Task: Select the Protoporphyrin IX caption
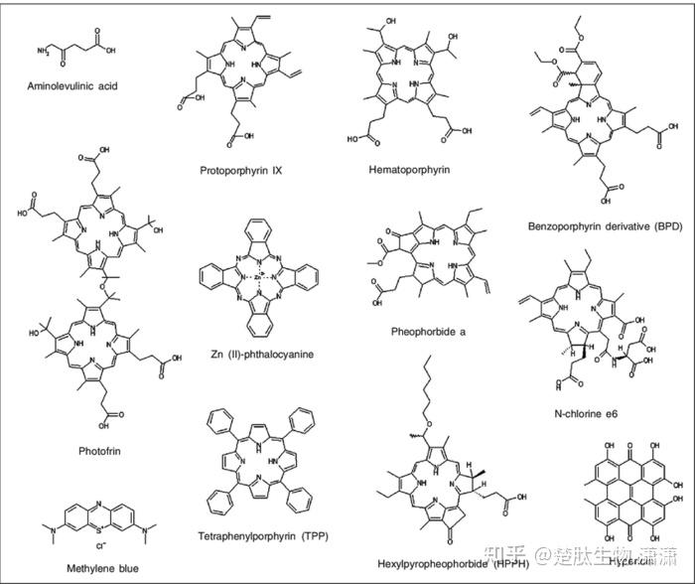click(x=240, y=170)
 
